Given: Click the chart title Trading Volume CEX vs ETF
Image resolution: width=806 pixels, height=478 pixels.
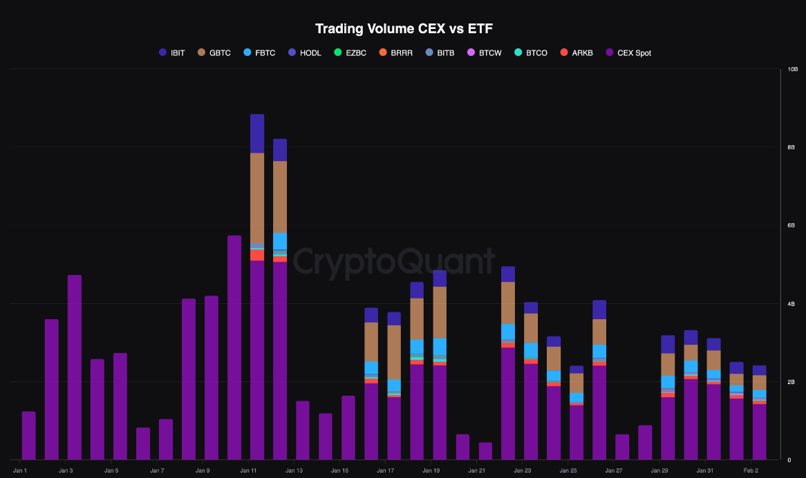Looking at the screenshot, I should click(x=404, y=29).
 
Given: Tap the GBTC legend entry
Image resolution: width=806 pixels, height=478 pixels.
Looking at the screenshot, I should click(x=214, y=52).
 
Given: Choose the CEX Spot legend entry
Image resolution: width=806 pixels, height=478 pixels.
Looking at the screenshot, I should click(x=628, y=52).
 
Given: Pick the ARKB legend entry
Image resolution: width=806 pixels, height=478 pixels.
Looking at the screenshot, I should click(x=576, y=52).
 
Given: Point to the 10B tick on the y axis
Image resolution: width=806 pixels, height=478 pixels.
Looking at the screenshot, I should click(x=793, y=70).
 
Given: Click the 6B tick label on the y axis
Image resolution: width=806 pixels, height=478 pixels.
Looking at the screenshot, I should click(x=793, y=226).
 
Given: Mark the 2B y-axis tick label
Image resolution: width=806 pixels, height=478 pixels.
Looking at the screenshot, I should click(x=793, y=382).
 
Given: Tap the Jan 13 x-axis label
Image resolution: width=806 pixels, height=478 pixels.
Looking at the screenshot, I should click(x=294, y=470).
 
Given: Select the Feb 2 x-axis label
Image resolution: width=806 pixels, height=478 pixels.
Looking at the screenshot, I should click(x=750, y=470).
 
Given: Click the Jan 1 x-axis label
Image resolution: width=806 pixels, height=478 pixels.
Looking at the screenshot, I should click(x=20, y=470).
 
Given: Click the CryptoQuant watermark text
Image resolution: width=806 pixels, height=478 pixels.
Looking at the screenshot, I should click(x=393, y=262).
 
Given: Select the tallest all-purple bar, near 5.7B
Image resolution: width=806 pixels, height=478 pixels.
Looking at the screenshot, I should click(x=234, y=345).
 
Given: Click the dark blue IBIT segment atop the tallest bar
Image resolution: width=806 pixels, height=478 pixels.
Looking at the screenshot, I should click(x=257, y=133).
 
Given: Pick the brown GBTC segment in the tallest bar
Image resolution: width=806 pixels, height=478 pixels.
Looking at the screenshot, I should click(x=257, y=198).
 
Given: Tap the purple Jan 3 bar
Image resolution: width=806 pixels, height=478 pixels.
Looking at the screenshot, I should click(x=75, y=366).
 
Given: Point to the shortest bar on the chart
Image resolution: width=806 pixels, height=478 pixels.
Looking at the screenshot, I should click(x=485, y=451).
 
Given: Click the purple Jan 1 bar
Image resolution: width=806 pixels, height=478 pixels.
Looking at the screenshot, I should click(x=29, y=435).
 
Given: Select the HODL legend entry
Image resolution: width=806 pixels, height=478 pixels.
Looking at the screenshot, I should click(x=304, y=52).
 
